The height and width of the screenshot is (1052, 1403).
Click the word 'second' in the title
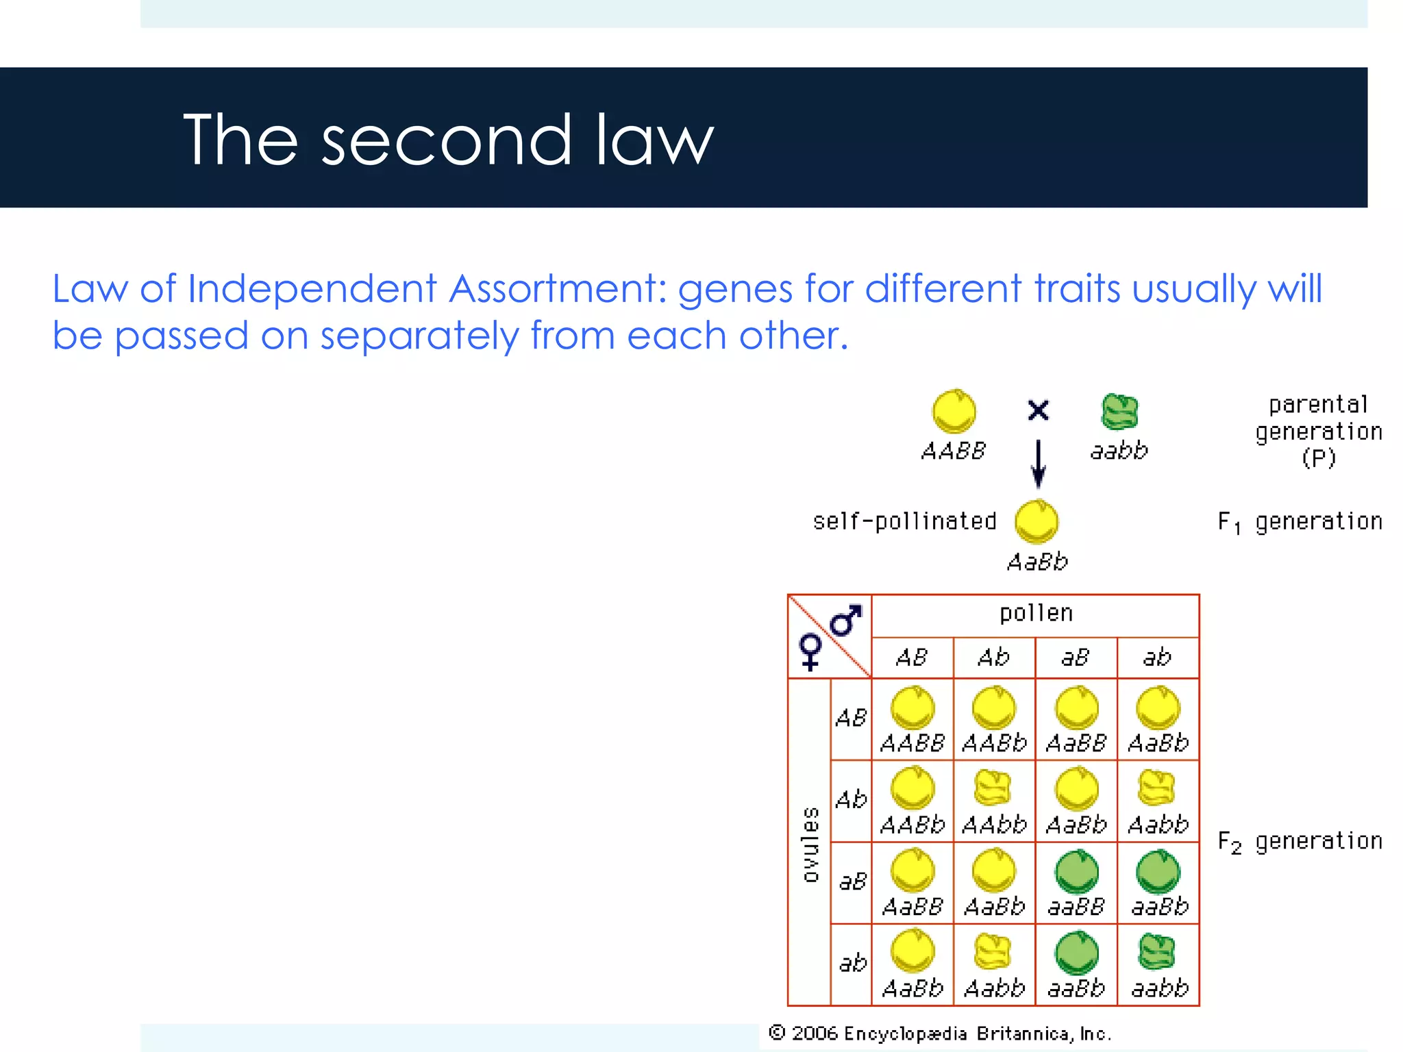tap(446, 141)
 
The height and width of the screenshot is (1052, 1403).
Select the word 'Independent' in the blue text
tap(312, 288)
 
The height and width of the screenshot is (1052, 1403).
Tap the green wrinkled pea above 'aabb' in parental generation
tap(1119, 412)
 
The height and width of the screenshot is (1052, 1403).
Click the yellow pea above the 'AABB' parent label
tap(954, 412)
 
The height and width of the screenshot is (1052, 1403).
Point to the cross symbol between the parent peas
tap(1038, 410)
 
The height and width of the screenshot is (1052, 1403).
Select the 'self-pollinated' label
tap(904, 522)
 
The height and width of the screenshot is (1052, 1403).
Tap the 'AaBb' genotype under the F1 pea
tap(1037, 562)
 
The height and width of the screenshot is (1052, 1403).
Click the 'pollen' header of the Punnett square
tap(1036, 614)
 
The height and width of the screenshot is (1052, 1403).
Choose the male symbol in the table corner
tap(845, 621)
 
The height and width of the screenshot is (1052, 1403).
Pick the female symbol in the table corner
tap(810, 651)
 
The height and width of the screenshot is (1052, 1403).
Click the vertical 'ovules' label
tap(810, 844)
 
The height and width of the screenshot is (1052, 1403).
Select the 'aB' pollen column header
tap(1076, 658)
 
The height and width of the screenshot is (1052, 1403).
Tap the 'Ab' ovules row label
tap(851, 800)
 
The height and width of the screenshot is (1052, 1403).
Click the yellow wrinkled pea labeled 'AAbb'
tap(993, 788)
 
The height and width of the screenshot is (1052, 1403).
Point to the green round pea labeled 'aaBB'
tap(1076, 871)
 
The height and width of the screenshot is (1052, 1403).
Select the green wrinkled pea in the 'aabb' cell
tap(1158, 952)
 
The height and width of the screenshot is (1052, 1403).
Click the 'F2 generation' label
tap(1300, 842)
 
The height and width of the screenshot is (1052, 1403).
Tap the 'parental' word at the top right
tap(1318, 405)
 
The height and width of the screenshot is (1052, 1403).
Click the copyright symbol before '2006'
tap(777, 1032)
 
